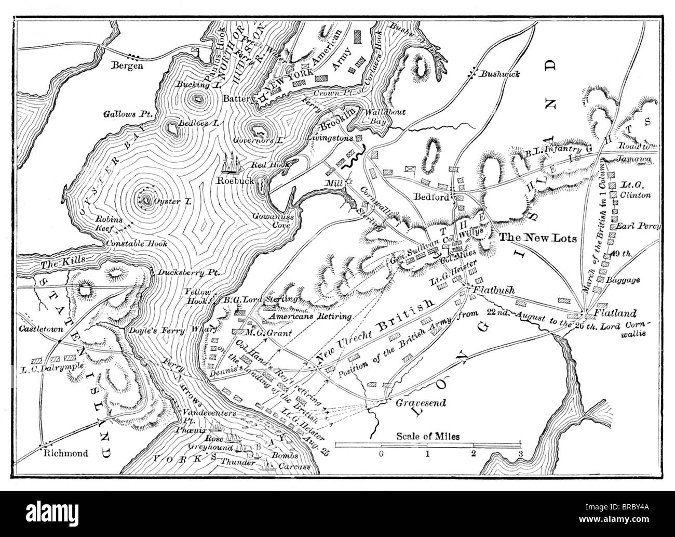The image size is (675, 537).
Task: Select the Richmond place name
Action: [x=66, y=453]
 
